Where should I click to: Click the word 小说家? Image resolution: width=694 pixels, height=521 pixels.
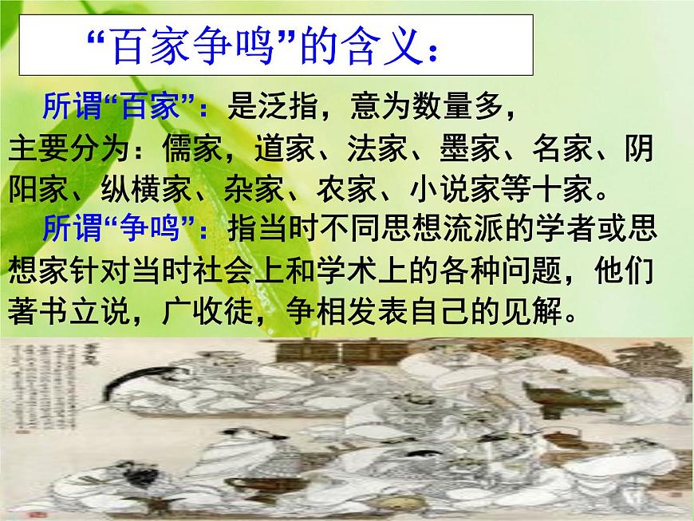[x=454, y=189]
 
